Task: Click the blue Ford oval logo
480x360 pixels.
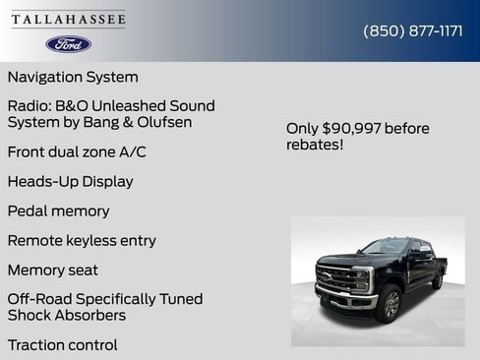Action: click(68, 44)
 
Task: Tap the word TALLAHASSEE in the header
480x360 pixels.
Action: click(68, 20)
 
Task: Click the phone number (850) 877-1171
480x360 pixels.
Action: click(413, 30)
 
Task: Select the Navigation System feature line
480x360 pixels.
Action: click(73, 77)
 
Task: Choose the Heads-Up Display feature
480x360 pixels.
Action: click(70, 181)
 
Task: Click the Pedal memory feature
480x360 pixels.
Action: click(58, 210)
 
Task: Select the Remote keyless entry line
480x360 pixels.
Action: click(82, 240)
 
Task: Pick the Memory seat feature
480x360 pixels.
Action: click(53, 270)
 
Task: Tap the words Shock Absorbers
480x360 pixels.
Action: click(67, 315)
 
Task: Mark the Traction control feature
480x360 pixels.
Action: click(62, 344)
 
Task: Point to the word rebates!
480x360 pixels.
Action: click(314, 146)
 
